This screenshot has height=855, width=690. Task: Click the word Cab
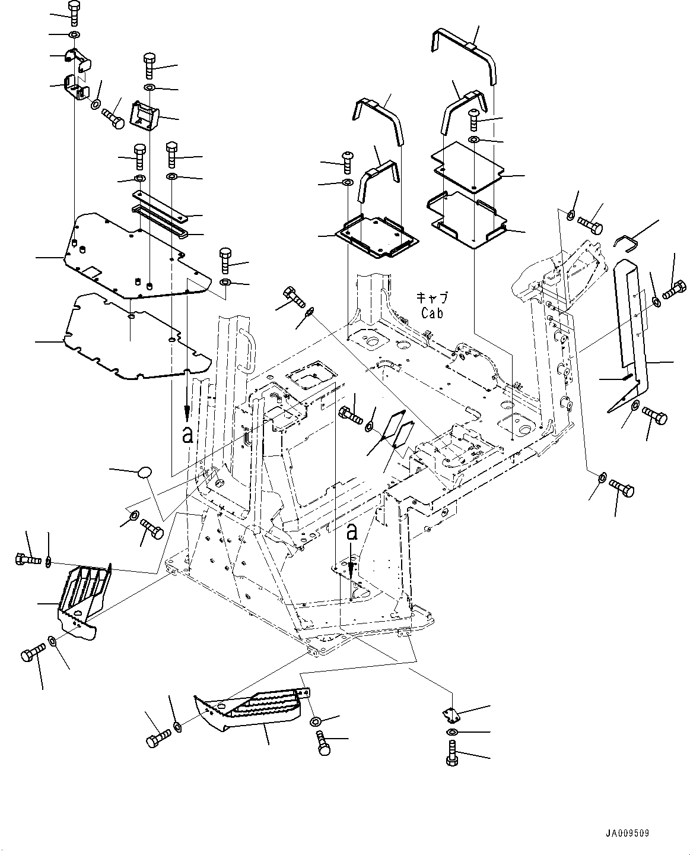click(433, 312)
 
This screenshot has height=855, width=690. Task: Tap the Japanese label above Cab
click(431, 298)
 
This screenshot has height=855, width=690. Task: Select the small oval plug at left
click(145, 472)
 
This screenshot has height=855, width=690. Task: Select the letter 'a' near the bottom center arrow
click(352, 532)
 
